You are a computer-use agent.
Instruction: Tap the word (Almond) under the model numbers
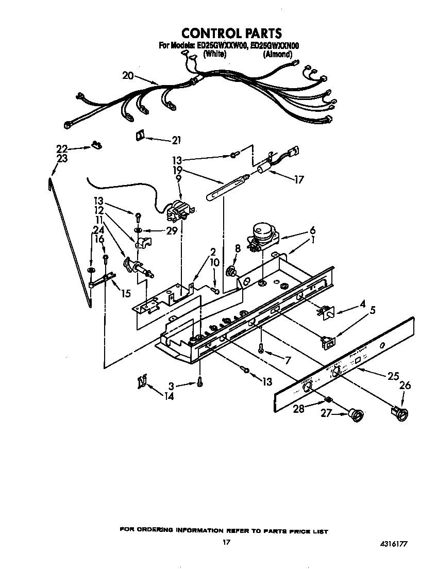[x=281, y=54]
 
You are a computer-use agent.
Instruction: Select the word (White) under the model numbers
[x=215, y=54]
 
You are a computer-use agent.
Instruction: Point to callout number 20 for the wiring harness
[x=128, y=76]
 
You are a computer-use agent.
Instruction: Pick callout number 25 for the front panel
[x=393, y=376]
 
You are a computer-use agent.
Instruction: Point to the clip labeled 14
[x=141, y=382]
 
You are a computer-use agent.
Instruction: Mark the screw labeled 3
[x=199, y=382]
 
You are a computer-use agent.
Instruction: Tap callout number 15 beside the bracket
[x=125, y=293]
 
